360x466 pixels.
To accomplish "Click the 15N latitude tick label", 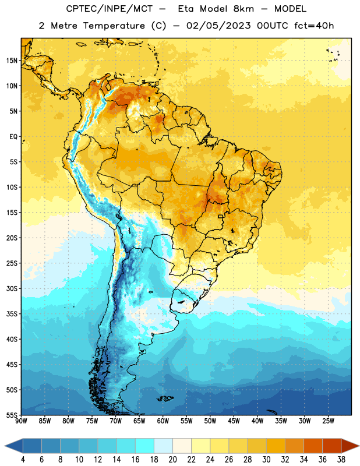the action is click(12, 61).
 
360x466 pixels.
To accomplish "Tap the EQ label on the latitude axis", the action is click(13, 137).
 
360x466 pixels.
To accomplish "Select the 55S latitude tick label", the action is click(12, 415).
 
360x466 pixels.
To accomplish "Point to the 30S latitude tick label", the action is click(12, 288).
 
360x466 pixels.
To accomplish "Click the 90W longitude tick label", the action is click(21, 421).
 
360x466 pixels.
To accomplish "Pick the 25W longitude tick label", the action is click(328, 421).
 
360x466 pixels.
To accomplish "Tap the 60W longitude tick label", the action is click(163, 421).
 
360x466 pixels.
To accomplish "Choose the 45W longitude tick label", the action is click(234, 421).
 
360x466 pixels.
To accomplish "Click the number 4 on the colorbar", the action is click(23, 460).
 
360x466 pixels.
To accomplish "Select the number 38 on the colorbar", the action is click(341, 460).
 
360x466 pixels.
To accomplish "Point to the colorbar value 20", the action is click(172, 460).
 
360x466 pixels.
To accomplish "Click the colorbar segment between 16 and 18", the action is click(145, 446).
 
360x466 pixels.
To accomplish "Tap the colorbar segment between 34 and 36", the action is click(313, 446).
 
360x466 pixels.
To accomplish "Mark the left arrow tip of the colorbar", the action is click(5, 446).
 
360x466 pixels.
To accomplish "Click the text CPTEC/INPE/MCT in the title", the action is click(109, 9).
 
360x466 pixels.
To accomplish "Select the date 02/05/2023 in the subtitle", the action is click(218, 26).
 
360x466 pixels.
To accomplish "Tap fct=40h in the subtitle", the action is click(314, 26).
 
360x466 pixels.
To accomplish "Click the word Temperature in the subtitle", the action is click(114, 26).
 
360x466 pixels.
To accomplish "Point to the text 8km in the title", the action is click(243, 9).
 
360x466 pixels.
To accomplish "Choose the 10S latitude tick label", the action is click(12, 187).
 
